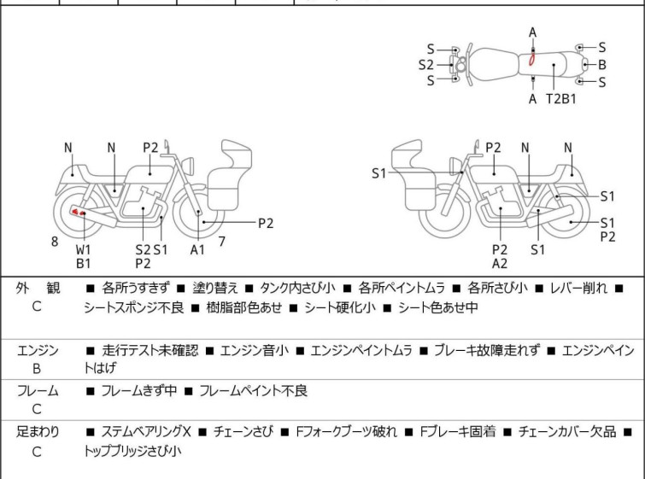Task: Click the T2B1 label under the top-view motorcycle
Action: click(x=561, y=99)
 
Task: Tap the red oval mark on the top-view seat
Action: click(x=531, y=60)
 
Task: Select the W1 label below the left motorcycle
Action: click(x=83, y=249)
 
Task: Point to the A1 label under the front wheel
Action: click(x=197, y=249)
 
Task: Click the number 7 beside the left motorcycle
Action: click(x=222, y=242)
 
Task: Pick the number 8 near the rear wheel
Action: click(x=55, y=242)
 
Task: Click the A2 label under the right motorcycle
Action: click(x=500, y=264)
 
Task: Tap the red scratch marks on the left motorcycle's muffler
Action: click(x=78, y=212)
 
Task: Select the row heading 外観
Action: click(x=38, y=288)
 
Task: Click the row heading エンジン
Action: click(x=38, y=350)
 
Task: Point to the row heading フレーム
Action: click(x=38, y=390)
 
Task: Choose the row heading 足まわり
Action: click(x=38, y=432)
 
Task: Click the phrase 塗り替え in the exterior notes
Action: click(x=215, y=288)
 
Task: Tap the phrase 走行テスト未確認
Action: click(x=150, y=350)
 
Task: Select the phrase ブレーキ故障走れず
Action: click(x=487, y=350)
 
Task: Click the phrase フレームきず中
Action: click(x=139, y=390)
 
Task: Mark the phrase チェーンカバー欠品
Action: click(x=567, y=432)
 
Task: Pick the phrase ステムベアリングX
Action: click(x=146, y=432)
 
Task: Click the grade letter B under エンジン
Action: click(x=37, y=369)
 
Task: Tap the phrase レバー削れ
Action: click(x=578, y=288)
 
